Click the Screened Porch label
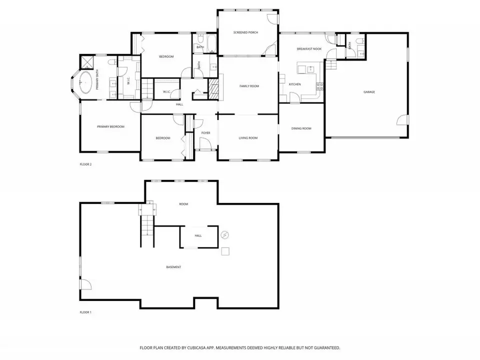tap(245, 32)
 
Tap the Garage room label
tap(369, 92)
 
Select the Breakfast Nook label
tap(309, 49)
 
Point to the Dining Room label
tap(301, 128)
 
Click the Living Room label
tap(248, 138)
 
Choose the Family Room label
tap(249, 86)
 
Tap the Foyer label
tap(205, 133)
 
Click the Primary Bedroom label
tap(110, 126)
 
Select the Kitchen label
tap(295, 84)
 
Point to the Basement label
tap(173, 267)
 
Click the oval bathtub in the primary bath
tap(85, 82)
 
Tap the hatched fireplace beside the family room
tap(213, 89)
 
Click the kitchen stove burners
tap(319, 86)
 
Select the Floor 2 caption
tap(85, 164)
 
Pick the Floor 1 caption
tap(85, 312)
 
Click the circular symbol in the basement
tap(225, 235)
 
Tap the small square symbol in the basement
tap(225, 251)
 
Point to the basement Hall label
tap(198, 235)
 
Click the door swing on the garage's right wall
tap(402, 120)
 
